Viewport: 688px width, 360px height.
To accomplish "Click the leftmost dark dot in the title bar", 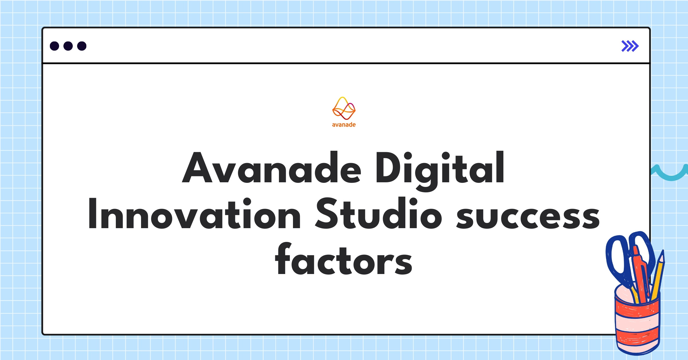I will [54, 46].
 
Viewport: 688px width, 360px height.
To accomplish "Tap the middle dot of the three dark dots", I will [68, 46].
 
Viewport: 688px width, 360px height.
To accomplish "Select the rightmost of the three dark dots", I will [82, 46].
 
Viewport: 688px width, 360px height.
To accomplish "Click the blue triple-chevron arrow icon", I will [630, 46].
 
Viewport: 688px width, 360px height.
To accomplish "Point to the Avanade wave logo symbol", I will [344, 109].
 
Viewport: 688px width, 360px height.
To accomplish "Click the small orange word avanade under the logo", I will [344, 125].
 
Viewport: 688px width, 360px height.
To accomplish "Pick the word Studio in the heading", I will [378, 214].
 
